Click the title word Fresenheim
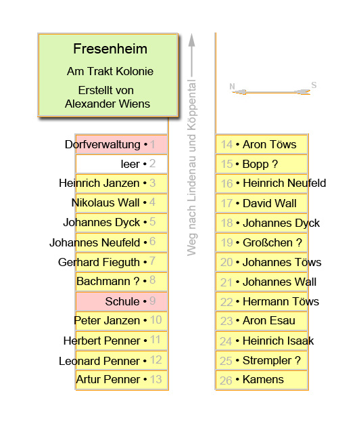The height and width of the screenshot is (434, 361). click(x=110, y=49)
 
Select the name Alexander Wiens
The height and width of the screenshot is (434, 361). click(x=107, y=104)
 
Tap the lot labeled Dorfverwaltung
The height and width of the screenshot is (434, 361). click(x=122, y=144)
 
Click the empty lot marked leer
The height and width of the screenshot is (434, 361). click(x=122, y=164)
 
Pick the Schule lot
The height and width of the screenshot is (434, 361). click(x=122, y=301)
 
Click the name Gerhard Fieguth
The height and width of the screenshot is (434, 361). click(x=99, y=263)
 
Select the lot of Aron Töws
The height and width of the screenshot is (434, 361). click(x=262, y=144)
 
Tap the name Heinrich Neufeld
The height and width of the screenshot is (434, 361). click(x=285, y=183)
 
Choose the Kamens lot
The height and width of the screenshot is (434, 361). click(x=262, y=380)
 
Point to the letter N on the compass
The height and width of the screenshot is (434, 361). click(x=232, y=87)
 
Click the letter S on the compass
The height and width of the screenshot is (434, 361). click(x=314, y=85)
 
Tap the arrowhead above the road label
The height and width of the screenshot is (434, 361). click(x=191, y=41)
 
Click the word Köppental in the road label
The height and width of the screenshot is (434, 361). click(x=191, y=105)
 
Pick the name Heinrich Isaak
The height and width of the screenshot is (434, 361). click(x=278, y=341)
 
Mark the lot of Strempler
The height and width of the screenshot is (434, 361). click(x=262, y=360)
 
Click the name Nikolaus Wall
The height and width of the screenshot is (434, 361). click(x=105, y=202)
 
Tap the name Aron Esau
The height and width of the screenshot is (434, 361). click(x=268, y=321)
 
